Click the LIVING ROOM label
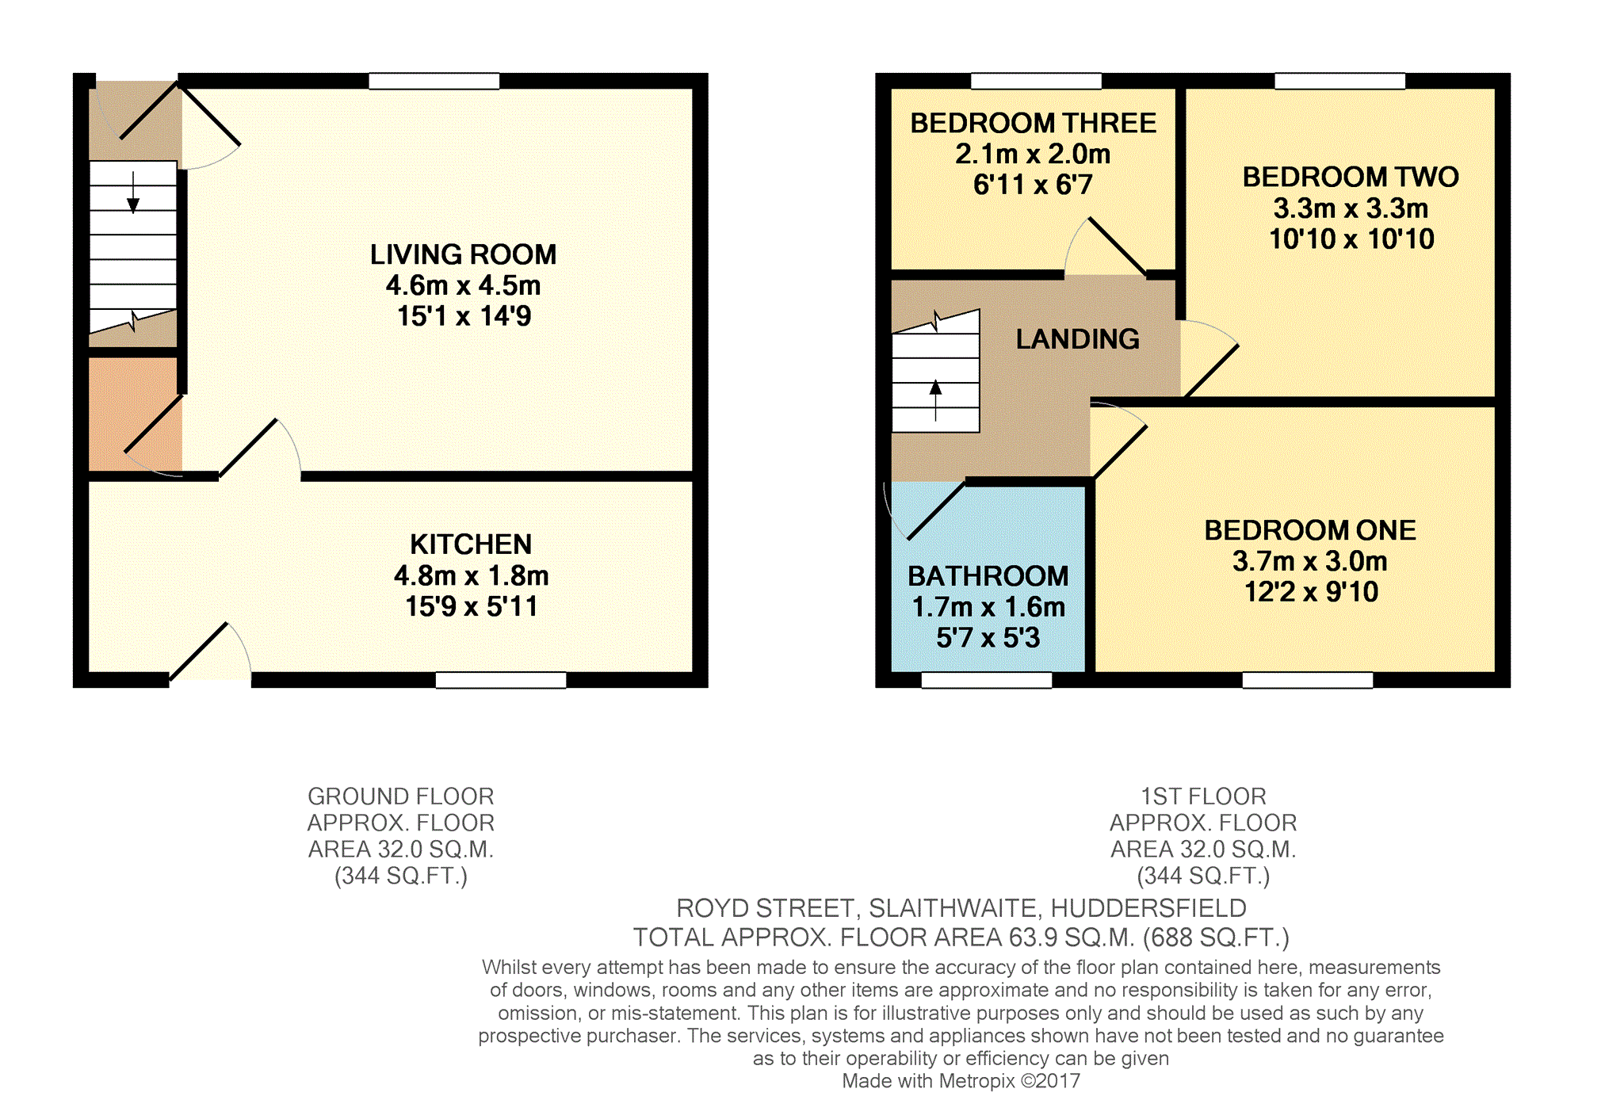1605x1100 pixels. point(463,254)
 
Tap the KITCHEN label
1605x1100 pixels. point(471,544)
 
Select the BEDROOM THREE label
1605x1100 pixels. point(1033,123)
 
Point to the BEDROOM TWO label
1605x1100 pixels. point(1351,177)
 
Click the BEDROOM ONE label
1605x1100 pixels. point(1310,530)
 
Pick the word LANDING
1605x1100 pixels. point(1078,339)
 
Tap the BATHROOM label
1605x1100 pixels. point(988,576)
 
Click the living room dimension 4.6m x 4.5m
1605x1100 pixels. point(463,285)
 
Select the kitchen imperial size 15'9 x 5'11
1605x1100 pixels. point(471,607)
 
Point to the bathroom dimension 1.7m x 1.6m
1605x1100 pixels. point(988,607)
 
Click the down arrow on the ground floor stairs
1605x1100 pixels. point(133,193)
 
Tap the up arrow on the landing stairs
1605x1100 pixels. point(935,400)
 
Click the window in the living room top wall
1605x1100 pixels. point(434,81)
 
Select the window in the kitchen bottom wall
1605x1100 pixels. point(501,680)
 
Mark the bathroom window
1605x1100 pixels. point(987,680)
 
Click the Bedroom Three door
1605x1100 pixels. point(1116,246)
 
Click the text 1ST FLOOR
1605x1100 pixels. point(1203,796)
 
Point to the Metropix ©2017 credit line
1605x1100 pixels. point(961,1081)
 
